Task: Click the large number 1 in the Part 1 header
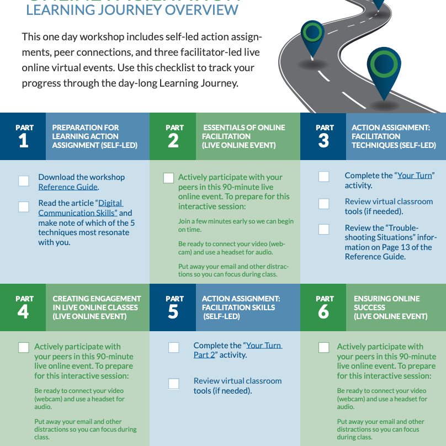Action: coord(23,141)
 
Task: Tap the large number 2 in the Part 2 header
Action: coord(173,141)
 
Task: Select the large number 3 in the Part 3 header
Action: coord(323,141)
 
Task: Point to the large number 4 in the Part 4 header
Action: coord(23,312)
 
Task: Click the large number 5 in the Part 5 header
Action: coord(173,312)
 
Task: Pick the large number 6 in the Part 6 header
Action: coord(323,312)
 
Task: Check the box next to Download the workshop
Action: coord(24,181)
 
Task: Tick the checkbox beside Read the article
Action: coord(24,207)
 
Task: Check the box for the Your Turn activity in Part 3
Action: coord(324,177)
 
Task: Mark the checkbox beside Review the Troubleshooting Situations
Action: coord(324,229)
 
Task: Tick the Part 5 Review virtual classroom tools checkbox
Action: coord(174,384)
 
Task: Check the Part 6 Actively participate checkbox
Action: coord(324,347)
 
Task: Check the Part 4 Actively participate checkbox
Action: coord(24,347)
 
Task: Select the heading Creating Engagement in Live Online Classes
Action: coord(97,307)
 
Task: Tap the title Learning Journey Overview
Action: coord(132,10)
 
